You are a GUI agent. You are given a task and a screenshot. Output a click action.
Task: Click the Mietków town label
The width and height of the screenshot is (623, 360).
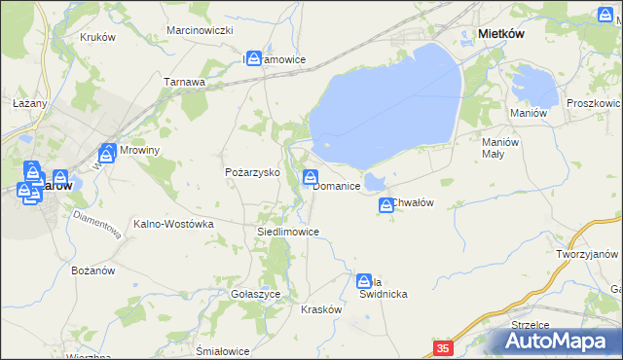[501, 33]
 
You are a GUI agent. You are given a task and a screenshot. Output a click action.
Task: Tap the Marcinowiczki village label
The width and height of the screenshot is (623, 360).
[200, 31]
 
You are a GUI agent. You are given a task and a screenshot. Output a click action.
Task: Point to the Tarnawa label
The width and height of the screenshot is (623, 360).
[184, 82]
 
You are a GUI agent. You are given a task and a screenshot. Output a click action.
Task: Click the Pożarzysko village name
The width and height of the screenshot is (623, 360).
[252, 171]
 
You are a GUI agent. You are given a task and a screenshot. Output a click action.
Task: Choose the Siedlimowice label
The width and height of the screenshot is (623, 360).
[287, 232]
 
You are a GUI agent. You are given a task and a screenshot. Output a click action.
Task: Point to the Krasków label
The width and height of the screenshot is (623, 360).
[321, 308]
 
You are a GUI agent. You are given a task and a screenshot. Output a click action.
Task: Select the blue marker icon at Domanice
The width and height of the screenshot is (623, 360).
[311, 177]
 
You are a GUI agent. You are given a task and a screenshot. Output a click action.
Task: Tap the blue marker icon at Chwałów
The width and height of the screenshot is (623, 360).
[385, 204]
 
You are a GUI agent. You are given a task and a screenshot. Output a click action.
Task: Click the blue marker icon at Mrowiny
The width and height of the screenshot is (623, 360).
[107, 153]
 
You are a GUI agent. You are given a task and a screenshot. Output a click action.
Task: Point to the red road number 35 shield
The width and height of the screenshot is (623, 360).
[443, 347]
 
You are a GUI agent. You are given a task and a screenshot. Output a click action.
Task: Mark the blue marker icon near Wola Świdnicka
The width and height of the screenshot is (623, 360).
[364, 280]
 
